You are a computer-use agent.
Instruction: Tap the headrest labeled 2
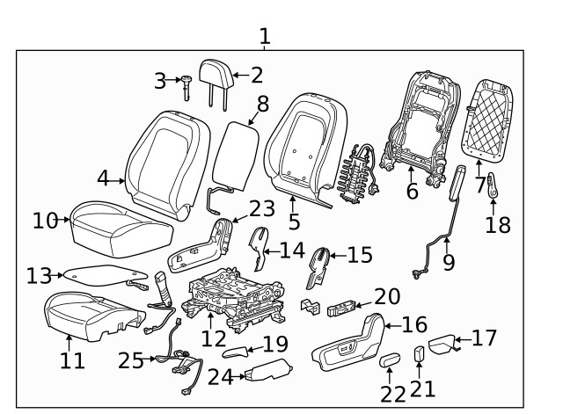(216, 73)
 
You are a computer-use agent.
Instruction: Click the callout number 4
(104, 178)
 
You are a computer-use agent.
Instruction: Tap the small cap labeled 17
(442, 342)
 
